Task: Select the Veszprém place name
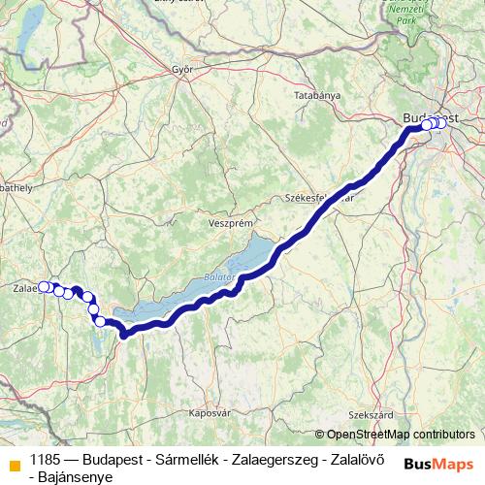pos(230,222)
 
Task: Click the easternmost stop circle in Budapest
pos(442,122)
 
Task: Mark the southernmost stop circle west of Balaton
pos(100,321)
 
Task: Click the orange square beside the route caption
pos(13,463)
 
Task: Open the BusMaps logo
pos(439,463)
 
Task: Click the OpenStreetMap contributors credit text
pos(401,435)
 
